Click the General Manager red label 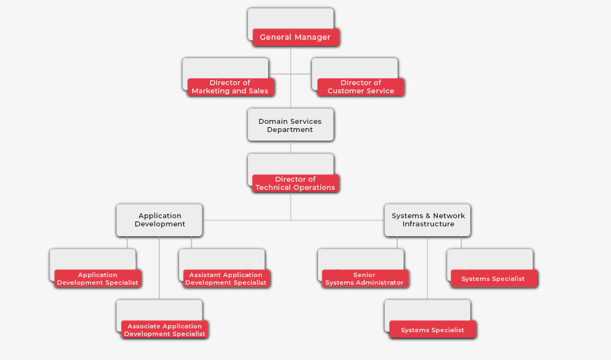(296, 37)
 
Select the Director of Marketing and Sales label (230, 87)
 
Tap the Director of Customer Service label (361, 87)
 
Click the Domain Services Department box (290, 125)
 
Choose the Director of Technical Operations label (296, 183)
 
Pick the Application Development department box (159, 220)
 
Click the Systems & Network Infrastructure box (428, 220)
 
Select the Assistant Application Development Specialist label (226, 279)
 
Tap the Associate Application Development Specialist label (165, 330)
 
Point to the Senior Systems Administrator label (364, 279)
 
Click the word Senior (364, 275)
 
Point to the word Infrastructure (428, 224)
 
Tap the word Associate (146, 326)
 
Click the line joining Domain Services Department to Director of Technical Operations (290, 147)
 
